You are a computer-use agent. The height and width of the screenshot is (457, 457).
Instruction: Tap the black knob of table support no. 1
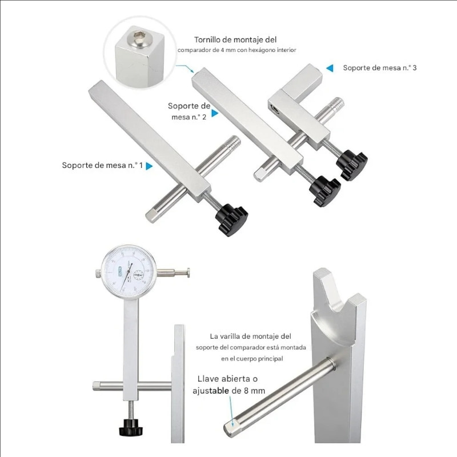coord(232,220)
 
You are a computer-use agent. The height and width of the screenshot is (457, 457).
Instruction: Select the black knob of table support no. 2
coord(325,191)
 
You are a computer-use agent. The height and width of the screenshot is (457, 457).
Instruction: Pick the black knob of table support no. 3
coord(352,165)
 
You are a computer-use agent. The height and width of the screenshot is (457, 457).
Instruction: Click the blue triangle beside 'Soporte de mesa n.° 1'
coord(149,166)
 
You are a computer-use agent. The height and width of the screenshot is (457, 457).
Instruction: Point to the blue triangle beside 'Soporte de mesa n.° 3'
coord(330,68)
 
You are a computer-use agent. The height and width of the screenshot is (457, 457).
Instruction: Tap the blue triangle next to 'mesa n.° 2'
coord(215,113)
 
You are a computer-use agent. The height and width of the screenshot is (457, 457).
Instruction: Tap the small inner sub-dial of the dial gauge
coord(138,275)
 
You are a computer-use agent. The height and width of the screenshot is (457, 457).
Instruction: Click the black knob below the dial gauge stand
coord(131,427)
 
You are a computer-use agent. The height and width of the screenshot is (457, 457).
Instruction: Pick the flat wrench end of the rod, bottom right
coord(230,428)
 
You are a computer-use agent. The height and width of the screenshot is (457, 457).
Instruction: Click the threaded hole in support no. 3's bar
coord(275,109)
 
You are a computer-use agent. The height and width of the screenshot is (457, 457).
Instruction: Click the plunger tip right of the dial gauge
coord(188,273)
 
